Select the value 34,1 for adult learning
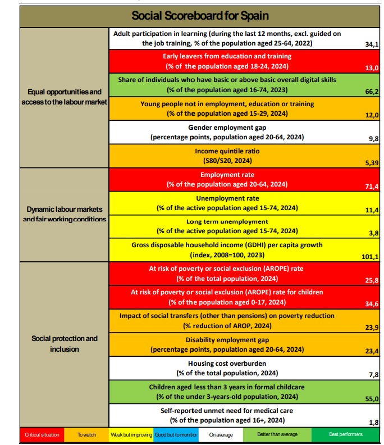tap(372, 44)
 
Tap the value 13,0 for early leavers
tap(372, 67)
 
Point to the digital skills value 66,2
tap(372, 92)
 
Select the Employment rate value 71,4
tap(372, 186)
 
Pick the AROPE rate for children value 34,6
tap(372, 304)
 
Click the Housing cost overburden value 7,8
tap(373, 374)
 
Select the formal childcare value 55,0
tap(372, 399)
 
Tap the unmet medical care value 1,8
tap(373, 422)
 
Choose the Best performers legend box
tap(346, 434)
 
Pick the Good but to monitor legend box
tap(173, 434)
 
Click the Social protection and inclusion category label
tap(64, 344)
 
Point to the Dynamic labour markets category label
tap(64, 214)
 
